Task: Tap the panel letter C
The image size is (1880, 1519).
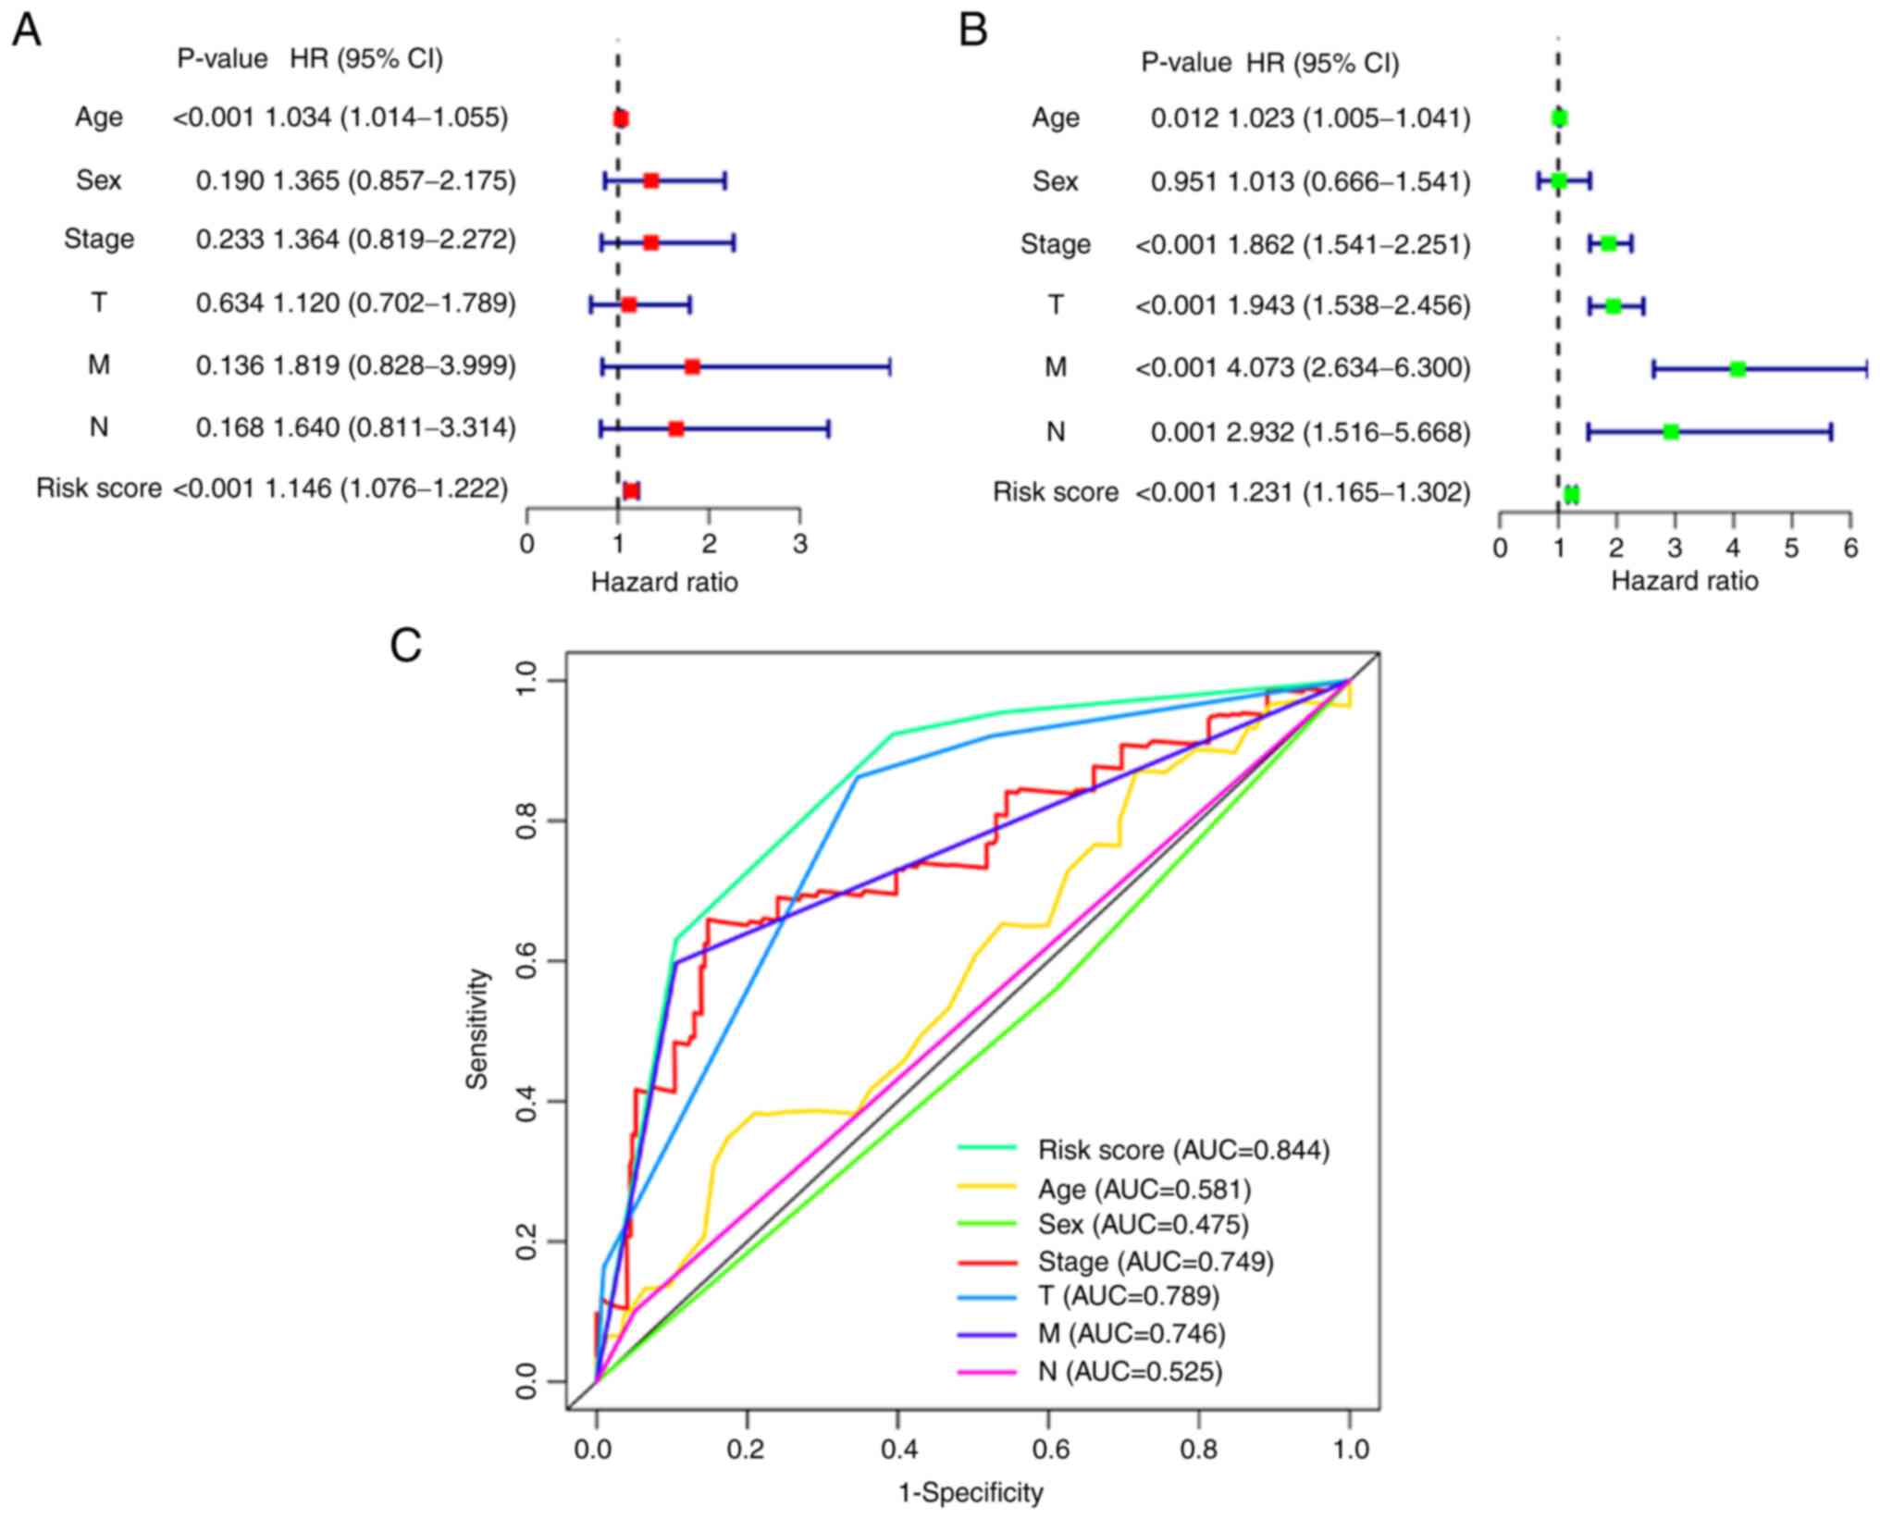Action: click(406, 645)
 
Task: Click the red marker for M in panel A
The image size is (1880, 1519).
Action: click(692, 366)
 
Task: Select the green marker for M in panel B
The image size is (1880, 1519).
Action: click(1738, 369)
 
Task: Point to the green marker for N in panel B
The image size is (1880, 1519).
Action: click(1670, 431)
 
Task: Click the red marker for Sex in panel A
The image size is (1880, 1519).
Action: click(650, 180)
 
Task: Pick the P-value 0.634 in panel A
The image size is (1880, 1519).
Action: click(229, 303)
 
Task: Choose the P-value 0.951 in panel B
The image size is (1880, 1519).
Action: click(1184, 181)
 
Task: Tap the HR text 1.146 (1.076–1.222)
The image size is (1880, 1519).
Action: click(387, 488)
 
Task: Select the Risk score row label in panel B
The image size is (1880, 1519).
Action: click(1056, 492)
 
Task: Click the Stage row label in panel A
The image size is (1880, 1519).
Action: click(99, 240)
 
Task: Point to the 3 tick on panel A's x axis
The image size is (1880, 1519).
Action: click(800, 544)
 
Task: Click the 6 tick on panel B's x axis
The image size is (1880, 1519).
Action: click(1850, 548)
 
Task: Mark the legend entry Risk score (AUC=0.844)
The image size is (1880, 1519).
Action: click(1183, 1150)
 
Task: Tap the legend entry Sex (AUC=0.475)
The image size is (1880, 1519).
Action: click(1143, 1224)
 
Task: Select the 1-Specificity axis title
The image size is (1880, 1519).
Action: click(971, 1492)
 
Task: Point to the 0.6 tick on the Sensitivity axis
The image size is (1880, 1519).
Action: click(526, 961)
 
